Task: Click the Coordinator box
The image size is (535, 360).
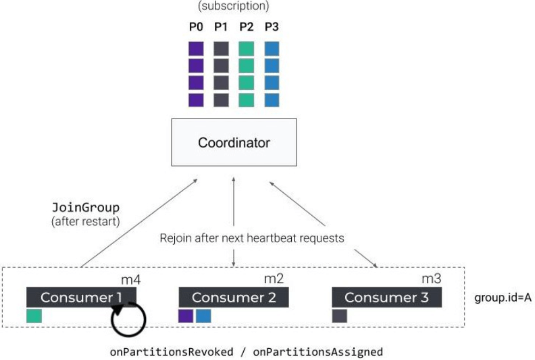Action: pyautogui.click(x=234, y=143)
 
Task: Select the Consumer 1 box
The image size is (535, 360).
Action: pyautogui.click(x=81, y=297)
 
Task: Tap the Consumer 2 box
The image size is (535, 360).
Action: pyautogui.click(x=234, y=297)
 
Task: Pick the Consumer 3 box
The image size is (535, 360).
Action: pyautogui.click(x=387, y=297)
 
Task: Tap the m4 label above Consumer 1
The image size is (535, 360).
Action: pyautogui.click(x=127, y=279)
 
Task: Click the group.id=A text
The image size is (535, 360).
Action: pyautogui.click(x=503, y=298)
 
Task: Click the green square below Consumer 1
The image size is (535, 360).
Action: pyautogui.click(x=34, y=316)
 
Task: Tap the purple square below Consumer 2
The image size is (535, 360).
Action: pyautogui.click(x=186, y=316)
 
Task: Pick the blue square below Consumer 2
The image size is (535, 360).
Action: pyautogui.click(x=203, y=316)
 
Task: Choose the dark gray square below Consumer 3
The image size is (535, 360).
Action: pyautogui.click(x=339, y=316)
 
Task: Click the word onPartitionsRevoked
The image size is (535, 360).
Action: pyautogui.click(x=172, y=352)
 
